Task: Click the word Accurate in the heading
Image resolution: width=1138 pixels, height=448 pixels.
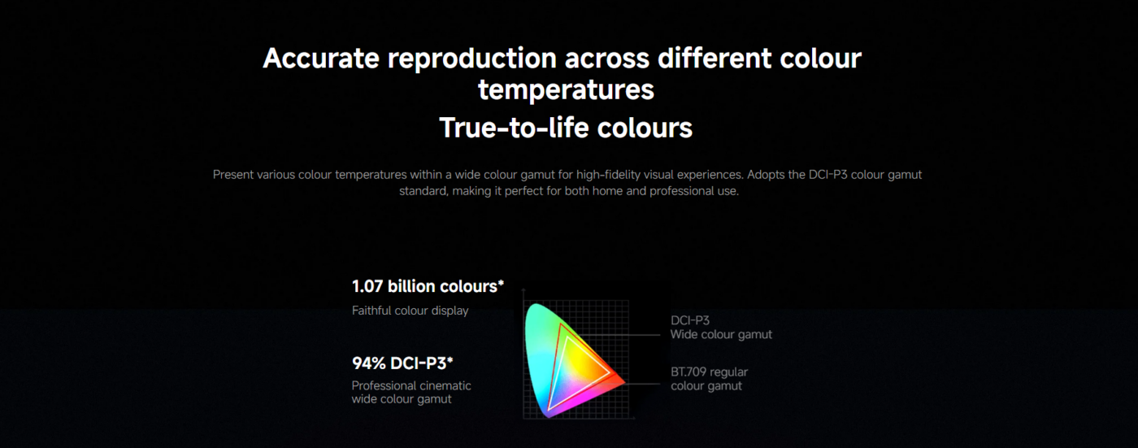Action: point(321,58)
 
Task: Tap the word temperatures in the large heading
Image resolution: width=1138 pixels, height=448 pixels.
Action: point(566,90)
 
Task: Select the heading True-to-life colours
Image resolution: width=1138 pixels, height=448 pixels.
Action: point(566,127)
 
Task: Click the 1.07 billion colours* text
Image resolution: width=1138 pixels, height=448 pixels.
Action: point(428,286)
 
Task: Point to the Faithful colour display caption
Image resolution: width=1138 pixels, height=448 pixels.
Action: point(410,311)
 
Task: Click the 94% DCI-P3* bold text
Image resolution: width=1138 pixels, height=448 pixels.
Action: point(402,363)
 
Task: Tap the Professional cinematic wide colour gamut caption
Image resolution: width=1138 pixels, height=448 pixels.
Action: point(411,392)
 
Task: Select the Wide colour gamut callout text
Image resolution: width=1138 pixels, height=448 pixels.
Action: point(721,334)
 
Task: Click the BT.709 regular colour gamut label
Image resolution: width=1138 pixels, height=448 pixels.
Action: point(709,379)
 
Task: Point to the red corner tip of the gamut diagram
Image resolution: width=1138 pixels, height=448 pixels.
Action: point(624,382)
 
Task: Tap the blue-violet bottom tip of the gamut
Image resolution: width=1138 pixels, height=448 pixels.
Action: point(549,415)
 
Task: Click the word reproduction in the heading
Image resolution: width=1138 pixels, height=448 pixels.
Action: point(472,59)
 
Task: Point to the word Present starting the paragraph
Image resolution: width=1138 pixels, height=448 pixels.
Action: point(232,175)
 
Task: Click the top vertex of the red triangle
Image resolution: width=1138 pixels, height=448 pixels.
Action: point(560,324)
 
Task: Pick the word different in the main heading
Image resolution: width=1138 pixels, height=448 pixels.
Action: point(715,58)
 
